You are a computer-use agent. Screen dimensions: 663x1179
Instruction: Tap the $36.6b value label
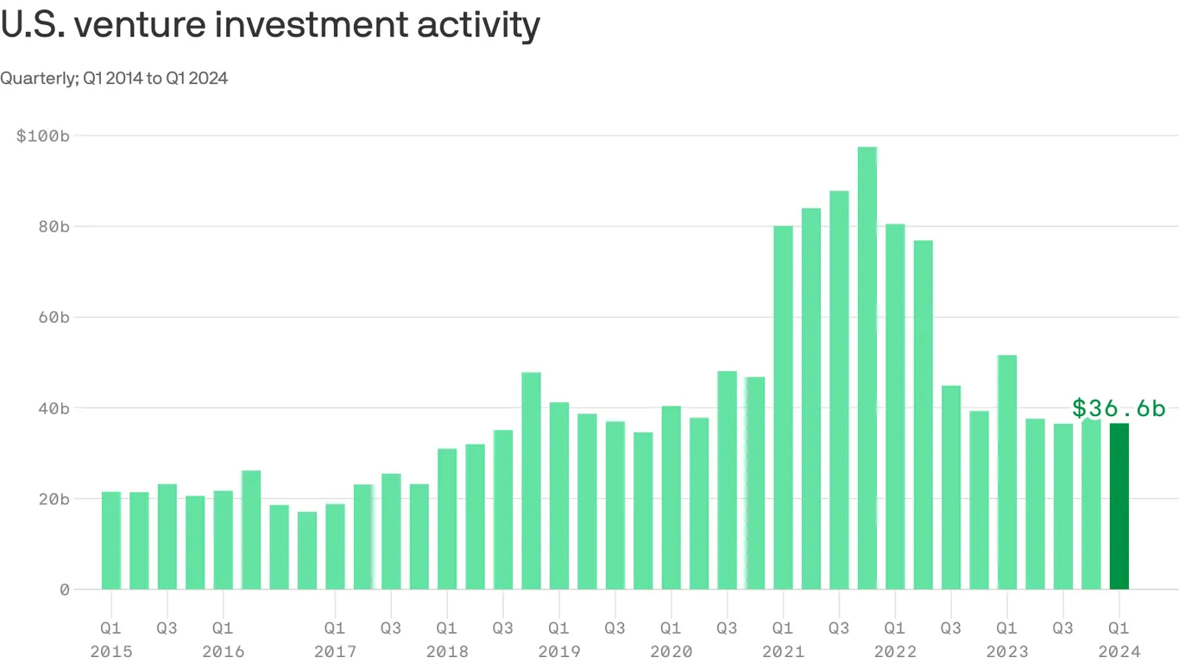pos(1119,408)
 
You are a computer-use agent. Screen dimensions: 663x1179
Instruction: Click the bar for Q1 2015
pos(111,540)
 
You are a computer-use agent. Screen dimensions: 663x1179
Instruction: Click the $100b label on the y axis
pos(42,136)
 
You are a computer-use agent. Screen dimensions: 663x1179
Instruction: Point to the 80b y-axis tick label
pos(53,226)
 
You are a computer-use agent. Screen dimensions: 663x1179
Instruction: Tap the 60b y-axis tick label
pos(53,317)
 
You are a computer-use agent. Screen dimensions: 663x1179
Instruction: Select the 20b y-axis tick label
pos(53,499)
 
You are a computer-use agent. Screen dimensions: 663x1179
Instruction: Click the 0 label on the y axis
pos(64,590)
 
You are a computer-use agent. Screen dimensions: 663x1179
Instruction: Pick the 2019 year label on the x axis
pos(559,652)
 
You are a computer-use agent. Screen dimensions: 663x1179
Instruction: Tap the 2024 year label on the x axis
pos(1119,652)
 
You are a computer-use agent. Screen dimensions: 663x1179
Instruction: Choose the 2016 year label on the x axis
pos(223,652)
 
